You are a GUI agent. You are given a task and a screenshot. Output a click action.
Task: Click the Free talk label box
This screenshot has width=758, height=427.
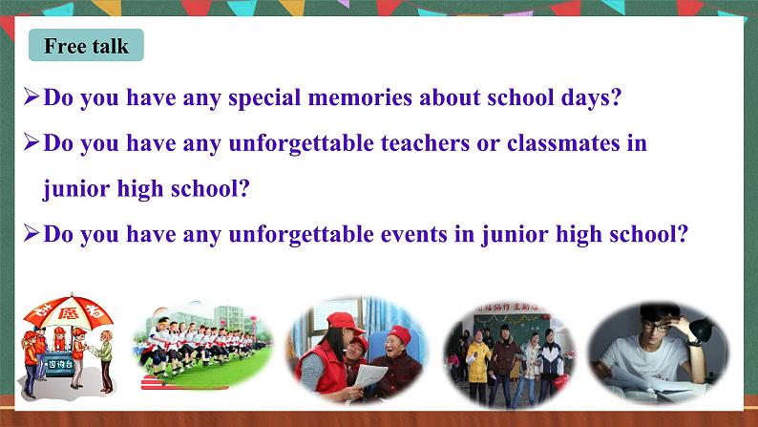pyautogui.click(x=85, y=46)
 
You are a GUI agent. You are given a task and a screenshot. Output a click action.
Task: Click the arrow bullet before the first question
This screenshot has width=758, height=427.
pyautogui.click(x=32, y=97)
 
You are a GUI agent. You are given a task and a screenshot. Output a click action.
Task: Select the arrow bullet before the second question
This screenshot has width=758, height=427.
pyautogui.click(x=32, y=144)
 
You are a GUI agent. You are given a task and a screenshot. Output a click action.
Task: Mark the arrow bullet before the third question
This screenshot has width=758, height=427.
pyautogui.click(x=32, y=235)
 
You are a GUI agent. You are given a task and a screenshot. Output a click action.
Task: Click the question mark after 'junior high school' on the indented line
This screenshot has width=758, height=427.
pyautogui.click(x=243, y=189)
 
